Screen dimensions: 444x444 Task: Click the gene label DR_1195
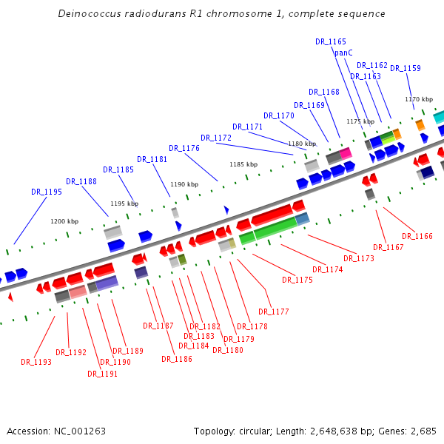(47, 192)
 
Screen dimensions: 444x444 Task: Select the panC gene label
(343, 53)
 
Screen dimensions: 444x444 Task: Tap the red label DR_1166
(418, 236)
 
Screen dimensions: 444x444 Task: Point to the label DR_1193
(36, 362)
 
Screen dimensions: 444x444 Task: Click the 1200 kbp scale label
(64, 221)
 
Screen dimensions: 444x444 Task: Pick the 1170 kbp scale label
(419, 99)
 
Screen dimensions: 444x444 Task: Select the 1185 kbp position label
(243, 164)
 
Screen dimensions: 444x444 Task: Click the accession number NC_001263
(79, 431)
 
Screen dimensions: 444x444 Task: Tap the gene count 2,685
(420, 431)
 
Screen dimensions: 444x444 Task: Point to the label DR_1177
(274, 312)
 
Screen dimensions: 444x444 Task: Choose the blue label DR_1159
(406, 68)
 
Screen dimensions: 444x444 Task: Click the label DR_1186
(177, 359)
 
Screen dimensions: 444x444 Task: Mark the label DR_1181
(152, 159)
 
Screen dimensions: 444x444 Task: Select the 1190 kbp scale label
(184, 184)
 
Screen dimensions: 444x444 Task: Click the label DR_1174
(328, 269)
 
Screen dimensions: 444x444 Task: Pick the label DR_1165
(331, 42)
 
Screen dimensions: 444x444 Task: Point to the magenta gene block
(346, 153)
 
